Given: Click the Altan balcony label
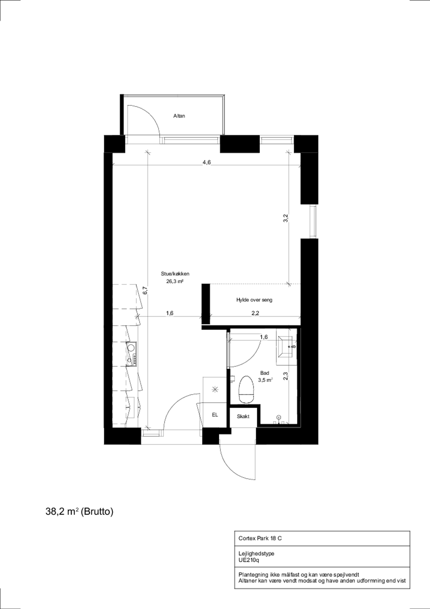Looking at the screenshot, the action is coord(179,116).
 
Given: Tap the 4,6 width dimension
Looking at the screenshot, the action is coord(207,162).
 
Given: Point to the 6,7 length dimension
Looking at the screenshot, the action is coord(145,291).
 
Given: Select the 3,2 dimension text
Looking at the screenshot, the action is coord(285,218).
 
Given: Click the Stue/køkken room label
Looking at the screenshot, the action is coord(175,274).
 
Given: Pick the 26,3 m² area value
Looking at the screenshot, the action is coord(175,281).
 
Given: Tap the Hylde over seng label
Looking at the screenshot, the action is coord(254,300).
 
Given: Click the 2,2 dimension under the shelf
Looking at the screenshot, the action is coord(255,313).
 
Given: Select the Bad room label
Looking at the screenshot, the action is coord(264,373).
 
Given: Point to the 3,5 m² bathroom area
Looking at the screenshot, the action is coord(265,380).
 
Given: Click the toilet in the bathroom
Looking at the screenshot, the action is coord(246,389).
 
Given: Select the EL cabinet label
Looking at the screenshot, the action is coord(215,415).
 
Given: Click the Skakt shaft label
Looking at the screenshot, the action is coord(243,416).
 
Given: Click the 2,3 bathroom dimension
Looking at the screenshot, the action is coord(285,376).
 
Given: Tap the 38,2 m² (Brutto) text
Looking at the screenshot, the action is coord(79,512).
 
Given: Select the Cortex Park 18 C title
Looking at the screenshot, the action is coord(260,538).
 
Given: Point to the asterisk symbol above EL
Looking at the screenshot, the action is coord(215,390).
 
